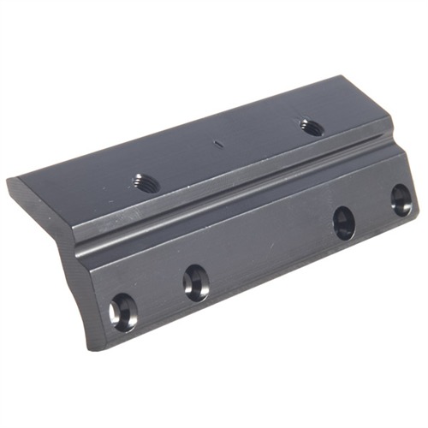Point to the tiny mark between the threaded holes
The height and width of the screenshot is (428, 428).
[217, 145]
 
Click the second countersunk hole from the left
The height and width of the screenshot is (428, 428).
[196, 282]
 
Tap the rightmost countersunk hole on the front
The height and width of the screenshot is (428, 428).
[401, 199]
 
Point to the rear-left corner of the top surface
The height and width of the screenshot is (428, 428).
[10, 181]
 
